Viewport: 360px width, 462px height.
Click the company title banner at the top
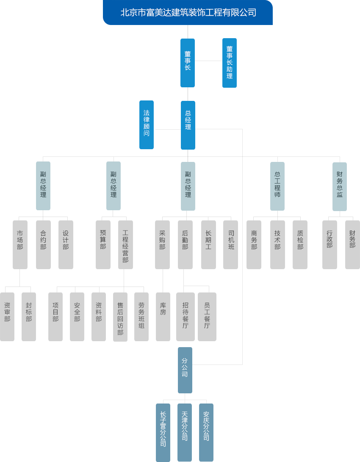(x=188, y=12)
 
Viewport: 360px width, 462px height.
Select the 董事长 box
(x=188, y=63)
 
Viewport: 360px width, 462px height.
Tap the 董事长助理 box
(x=230, y=63)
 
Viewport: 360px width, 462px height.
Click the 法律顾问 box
(x=147, y=125)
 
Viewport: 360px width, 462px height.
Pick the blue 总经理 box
(x=188, y=125)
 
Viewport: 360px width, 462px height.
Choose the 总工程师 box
(x=277, y=186)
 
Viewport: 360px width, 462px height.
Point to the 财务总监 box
(x=340, y=186)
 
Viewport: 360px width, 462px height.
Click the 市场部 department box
(x=20, y=245)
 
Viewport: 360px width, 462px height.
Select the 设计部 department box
(x=66, y=245)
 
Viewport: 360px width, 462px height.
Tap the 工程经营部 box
(x=125, y=245)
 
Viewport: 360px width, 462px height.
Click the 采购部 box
(x=162, y=245)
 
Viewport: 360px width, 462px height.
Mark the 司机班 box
(x=231, y=245)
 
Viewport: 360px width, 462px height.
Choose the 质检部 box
(x=300, y=245)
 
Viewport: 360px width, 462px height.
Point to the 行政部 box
(x=330, y=245)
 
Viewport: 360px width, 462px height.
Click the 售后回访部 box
(x=120, y=317)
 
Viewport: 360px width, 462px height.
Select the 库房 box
(x=163, y=317)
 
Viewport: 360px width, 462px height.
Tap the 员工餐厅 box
(x=207, y=317)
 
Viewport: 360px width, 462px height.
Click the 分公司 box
(x=185, y=370)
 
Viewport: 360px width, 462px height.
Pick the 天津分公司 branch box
(x=185, y=432)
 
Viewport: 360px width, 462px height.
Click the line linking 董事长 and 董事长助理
(x=208, y=61)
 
